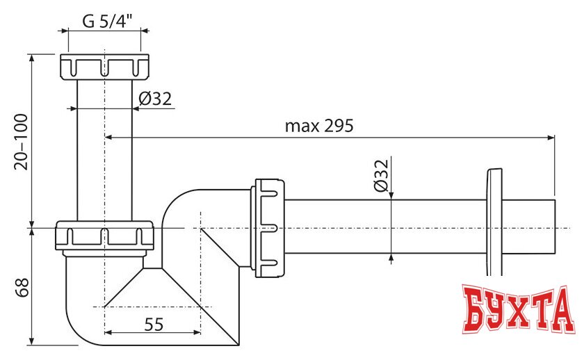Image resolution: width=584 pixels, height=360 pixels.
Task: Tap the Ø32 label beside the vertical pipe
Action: (x=154, y=99)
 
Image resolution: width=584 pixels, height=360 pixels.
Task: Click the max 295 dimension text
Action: (x=319, y=126)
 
